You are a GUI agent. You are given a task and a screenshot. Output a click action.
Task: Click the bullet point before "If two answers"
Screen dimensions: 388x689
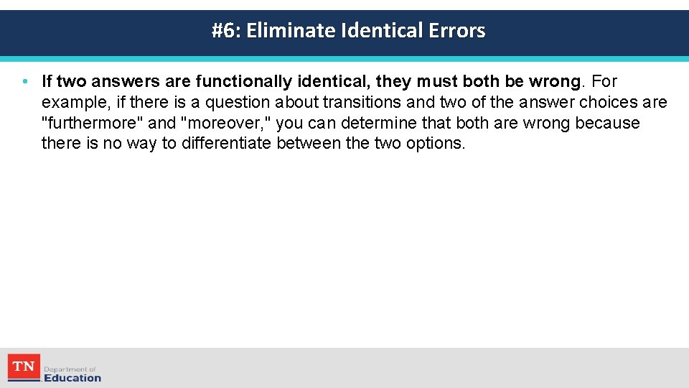click(x=25, y=82)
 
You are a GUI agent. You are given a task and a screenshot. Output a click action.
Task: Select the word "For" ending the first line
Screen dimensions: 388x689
click(x=604, y=82)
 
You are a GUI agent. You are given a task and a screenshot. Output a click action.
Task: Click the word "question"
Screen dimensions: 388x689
click(x=238, y=103)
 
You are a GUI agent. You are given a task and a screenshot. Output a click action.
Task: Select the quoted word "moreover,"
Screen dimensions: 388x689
click(x=228, y=124)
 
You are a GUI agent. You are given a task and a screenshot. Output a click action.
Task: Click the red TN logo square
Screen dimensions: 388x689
click(x=24, y=367)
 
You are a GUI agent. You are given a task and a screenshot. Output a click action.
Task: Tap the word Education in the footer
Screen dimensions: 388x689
click(x=72, y=378)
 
